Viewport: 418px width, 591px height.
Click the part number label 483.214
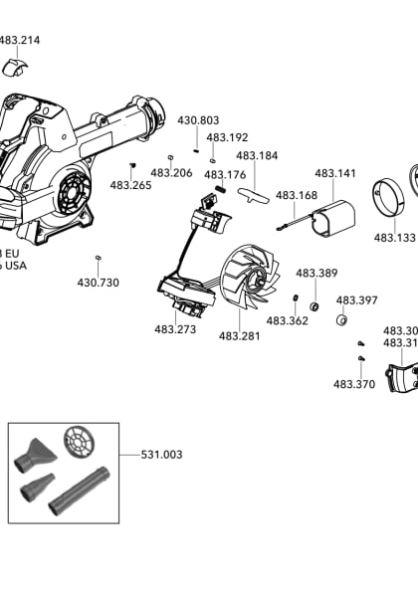(x=20, y=41)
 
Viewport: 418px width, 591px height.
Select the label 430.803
(x=198, y=120)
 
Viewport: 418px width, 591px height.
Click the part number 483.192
(x=227, y=137)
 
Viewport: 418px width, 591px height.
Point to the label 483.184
(x=257, y=155)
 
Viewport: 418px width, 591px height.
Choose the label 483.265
(x=130, y=185)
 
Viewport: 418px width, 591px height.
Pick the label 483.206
(x=172, y=172)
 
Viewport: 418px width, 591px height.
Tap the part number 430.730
(x=98, y=283)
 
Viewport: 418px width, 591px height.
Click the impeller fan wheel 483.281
(x=244, y=284)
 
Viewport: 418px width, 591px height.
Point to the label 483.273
(x=174, y=329)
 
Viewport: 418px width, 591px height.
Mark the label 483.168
(x=296, y=195)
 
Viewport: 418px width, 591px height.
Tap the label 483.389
(x=316, y=273)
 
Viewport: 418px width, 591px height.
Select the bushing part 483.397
(x=340, y=320)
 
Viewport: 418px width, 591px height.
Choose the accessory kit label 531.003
(x=161, y=455)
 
